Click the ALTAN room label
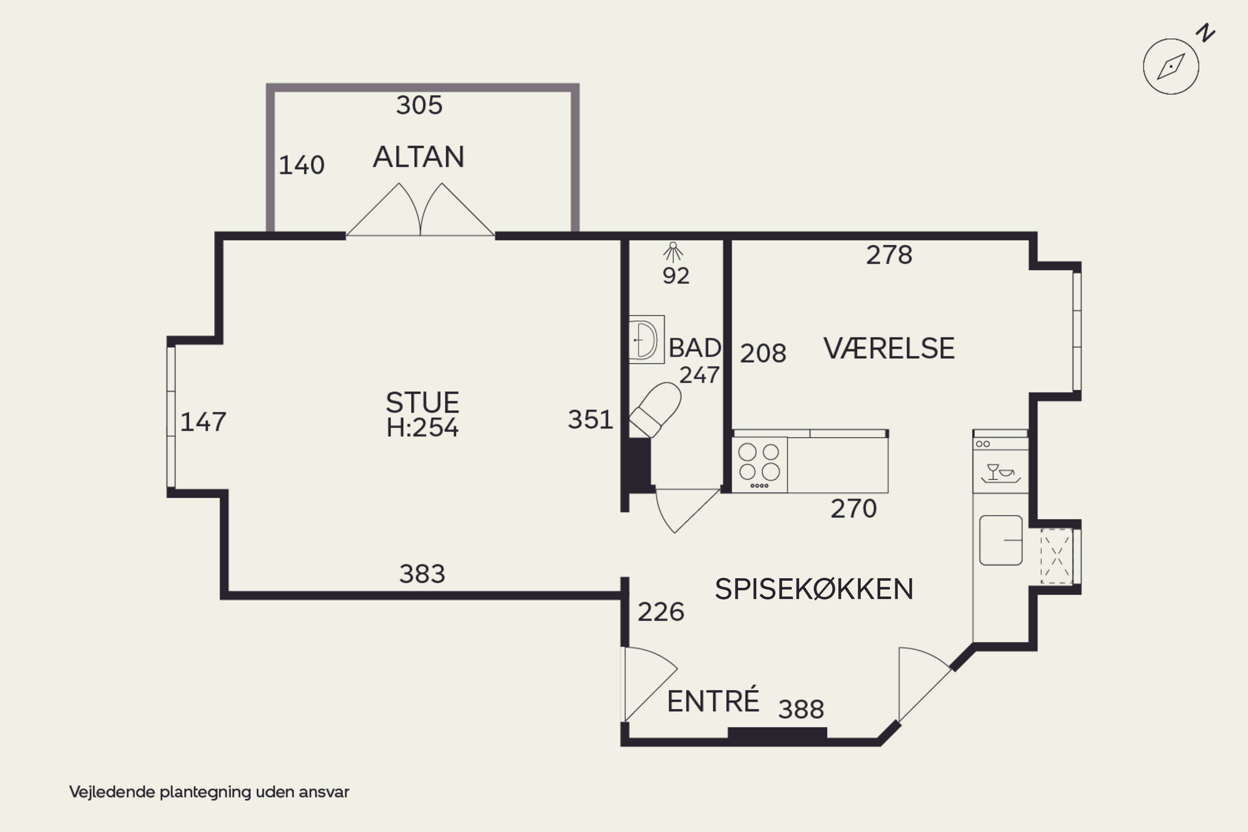[x=418, y=157]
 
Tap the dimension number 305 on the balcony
[x=419, y=105]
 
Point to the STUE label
[x=422, y=402]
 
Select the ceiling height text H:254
[x=422, y=428]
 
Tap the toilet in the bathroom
[x=655, y=410]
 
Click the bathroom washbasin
[x=646, y=339]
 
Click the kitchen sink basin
[x=1001, y=540]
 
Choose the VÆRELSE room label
[x=889, y=349]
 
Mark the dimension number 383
[x=422, y=574]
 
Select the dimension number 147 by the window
[x=203, y=422]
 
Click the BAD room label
[x=695, y=348]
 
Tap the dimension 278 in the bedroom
[x=889, y=255]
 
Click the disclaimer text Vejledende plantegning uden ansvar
[x=209, y=792]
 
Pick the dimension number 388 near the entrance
[x=801, y=709]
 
